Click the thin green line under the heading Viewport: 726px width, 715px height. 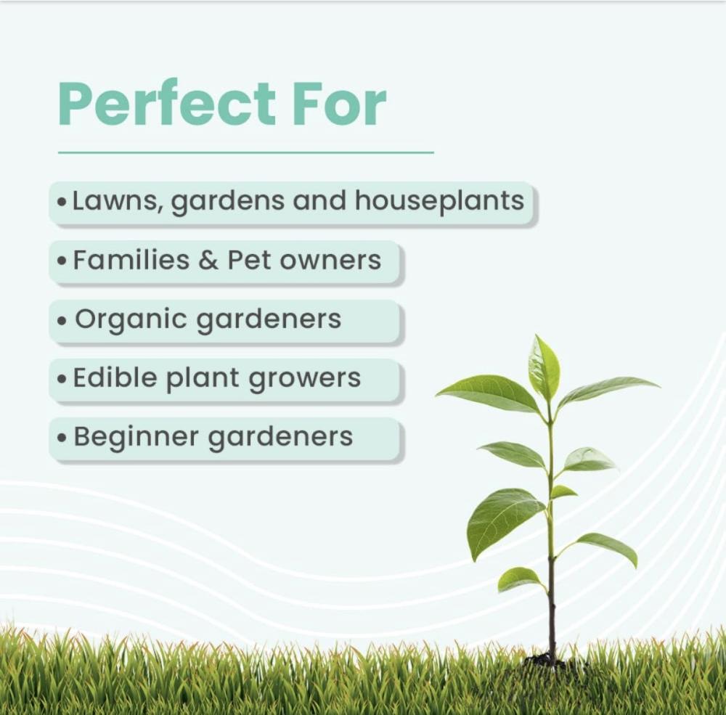click(246, 152)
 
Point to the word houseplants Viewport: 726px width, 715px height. click(439, 201)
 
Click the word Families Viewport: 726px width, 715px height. click(131, 260)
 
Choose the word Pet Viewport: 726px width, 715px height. click(248, 261)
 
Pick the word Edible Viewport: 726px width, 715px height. click(115, 377)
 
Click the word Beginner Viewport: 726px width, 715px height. click(136, 437)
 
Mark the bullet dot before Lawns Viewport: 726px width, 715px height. click(62, 202)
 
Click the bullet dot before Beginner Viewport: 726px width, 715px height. click(62, 438)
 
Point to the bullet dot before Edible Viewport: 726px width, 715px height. click(62, 379)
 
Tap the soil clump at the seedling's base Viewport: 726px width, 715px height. click(548, 661)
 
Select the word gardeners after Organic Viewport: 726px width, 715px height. click(269, 320)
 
